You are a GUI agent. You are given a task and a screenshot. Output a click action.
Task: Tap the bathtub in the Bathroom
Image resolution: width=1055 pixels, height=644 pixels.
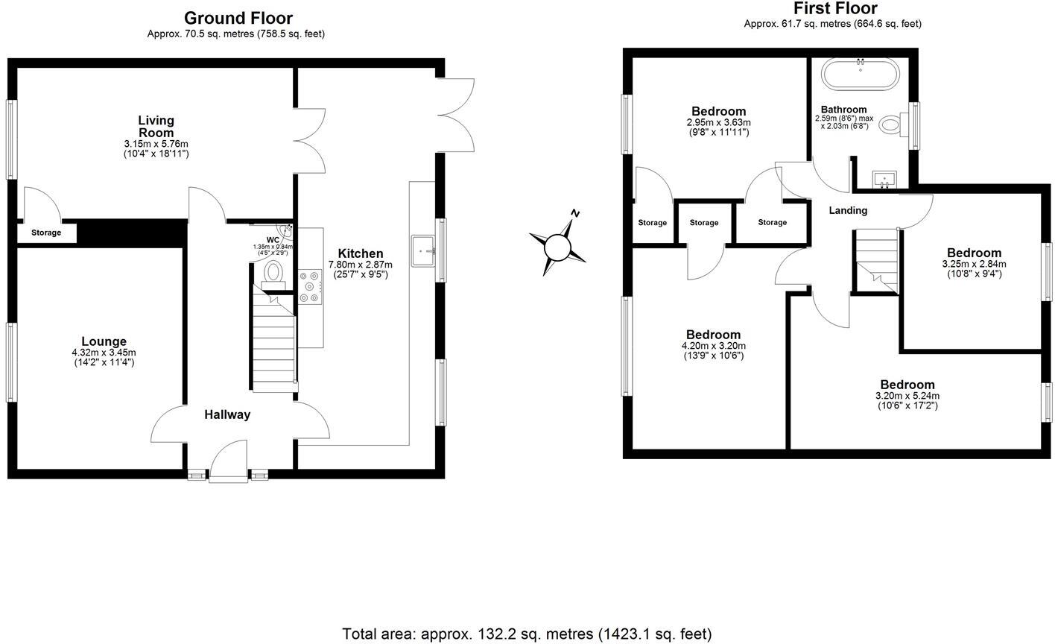pos(860,75)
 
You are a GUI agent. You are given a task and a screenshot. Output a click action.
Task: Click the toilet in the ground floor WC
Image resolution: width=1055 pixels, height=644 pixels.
pos(275,271)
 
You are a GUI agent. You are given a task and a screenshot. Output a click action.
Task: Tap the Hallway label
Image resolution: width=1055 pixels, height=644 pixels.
pos(227,414)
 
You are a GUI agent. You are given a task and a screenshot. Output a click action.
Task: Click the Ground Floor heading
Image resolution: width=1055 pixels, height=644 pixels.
pos(238,18)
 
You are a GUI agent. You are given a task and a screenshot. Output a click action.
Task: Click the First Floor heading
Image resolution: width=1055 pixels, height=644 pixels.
pos(835,8)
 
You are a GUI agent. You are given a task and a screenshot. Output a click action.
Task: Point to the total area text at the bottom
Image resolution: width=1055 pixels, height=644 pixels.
pos(527,634)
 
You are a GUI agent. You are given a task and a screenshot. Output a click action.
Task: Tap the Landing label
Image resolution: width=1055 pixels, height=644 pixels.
pos(848,210)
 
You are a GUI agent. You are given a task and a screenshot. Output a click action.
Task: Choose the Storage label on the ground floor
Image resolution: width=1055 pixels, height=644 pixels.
pos(46,233)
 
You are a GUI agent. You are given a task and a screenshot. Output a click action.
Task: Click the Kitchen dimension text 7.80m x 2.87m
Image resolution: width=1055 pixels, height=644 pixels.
pos(361,265)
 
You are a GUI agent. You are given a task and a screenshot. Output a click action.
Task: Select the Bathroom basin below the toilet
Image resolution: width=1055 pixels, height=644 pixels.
pos(885,179)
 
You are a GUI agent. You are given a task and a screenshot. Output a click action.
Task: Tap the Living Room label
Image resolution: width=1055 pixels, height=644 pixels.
pos(156,126)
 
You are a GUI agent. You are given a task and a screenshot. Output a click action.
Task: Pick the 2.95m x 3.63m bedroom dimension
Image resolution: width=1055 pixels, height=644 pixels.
pos(718,122)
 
